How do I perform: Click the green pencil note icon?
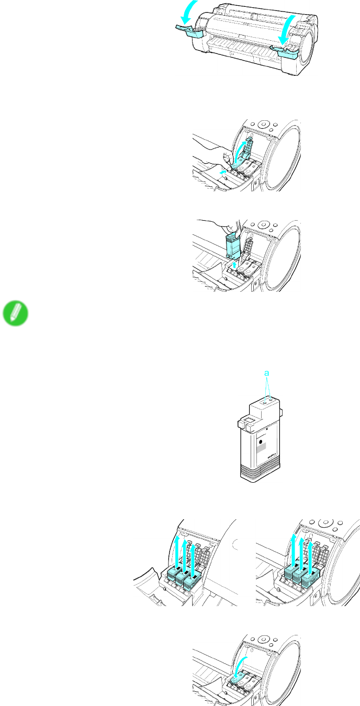(x=16, y=313)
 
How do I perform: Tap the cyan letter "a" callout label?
(x=267, y=373)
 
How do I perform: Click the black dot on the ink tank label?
(x=261, y=442)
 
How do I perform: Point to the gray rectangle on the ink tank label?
(x=261, y=448)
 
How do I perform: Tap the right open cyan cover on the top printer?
(x=286, y=51)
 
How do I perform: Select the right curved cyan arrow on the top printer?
(x=287, y=29)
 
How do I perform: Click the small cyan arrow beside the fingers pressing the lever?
(x=223, y=172)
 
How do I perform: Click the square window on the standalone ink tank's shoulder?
(x=249, y=420)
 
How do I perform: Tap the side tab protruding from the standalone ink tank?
(x=280, y=412)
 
